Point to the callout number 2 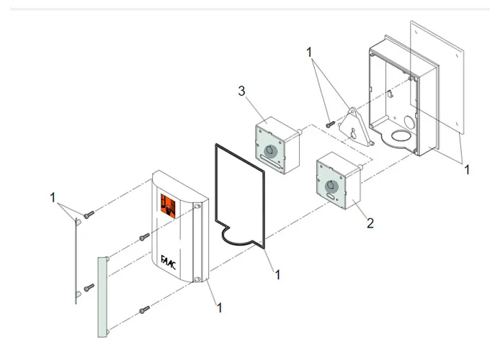click(x=370, y=223)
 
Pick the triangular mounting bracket click(x=354, y=128)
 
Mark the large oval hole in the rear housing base click(x=399, y=135)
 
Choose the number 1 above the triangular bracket click(x=309, y=53)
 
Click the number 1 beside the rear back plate click(x=466, y=170)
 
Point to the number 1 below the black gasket click(x=277, y=274)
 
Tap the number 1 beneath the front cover click(x=219, y=307)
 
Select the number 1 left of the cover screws click(x=53, y=197)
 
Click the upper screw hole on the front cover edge click(x=197, y=209)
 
